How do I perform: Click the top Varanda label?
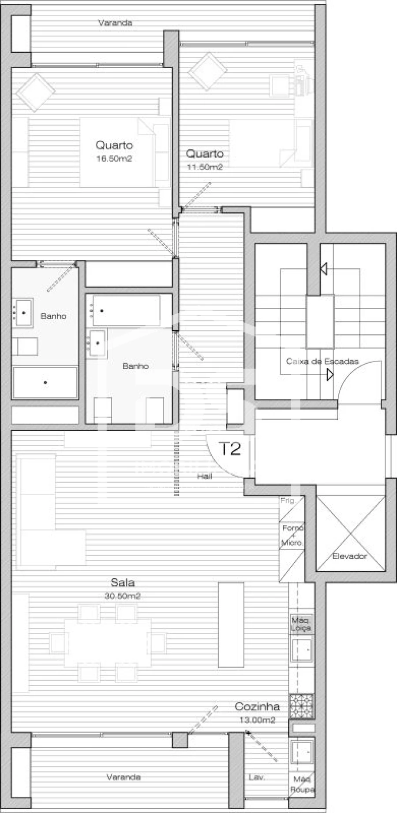point(115,23)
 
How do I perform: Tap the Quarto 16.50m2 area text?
point(114,159)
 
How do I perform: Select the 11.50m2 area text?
point(204,167)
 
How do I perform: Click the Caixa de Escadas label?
point(322,361)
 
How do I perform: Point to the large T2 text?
point(230,449)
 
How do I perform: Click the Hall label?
point(204,476)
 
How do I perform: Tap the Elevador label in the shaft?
point(349,556)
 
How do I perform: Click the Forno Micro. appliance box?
point(292,535)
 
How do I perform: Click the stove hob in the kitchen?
point(301,706)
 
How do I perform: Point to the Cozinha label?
point(257,707)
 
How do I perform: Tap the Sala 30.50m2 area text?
point(123,596)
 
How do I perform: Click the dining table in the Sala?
point(108,643)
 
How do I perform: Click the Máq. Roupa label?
point(302,785)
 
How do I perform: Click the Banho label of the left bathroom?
point(53,316)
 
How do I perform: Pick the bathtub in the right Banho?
point(126,310)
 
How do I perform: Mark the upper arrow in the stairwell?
point(324,268)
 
